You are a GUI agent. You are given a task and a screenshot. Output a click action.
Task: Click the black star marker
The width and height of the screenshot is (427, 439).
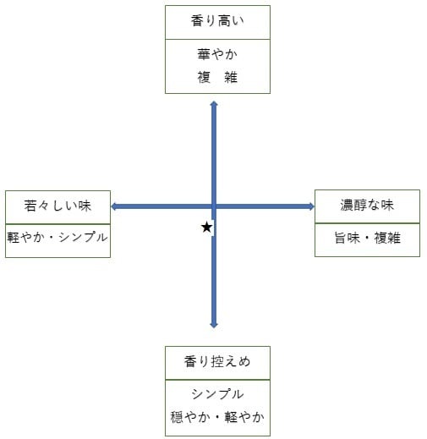[x=207, y=228]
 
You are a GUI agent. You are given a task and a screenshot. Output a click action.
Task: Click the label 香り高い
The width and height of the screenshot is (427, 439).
[x=217, y=21]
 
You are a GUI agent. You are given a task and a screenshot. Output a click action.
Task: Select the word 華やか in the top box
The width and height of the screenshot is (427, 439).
[x=217, y=54]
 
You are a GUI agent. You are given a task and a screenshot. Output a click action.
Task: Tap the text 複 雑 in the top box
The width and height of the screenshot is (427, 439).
[x=217, y=77]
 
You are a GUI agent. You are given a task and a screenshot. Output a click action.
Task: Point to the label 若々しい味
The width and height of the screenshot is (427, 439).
[x=57, y=206]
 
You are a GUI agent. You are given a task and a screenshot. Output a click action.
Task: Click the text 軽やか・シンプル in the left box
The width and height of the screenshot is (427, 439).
[x=57, y=237]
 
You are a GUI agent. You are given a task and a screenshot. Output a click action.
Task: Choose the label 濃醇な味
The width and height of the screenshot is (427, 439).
[x=367, y=205]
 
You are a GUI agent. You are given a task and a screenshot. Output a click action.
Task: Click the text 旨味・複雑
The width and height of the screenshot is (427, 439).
[x=367, y=238]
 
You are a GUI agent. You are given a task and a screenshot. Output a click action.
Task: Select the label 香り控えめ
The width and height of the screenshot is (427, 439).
[x=217, y=361]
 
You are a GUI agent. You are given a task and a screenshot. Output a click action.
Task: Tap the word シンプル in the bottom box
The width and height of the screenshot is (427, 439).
[x=217, y=393]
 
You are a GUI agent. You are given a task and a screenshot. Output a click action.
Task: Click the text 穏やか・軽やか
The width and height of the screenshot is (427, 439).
[x=217, y=417]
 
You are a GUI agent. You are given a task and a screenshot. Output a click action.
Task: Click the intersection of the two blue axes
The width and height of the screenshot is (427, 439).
[x=214, y=206]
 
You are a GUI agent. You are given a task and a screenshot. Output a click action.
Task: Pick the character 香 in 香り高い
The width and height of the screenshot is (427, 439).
[x=197, y=21]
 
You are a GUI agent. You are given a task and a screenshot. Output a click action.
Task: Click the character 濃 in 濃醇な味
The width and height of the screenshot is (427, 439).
[x=347, y=205]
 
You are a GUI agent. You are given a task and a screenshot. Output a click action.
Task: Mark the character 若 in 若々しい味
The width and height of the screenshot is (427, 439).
[x=30, y=206]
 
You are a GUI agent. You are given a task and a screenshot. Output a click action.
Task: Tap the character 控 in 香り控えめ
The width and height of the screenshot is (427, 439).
[x=217, y=361]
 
